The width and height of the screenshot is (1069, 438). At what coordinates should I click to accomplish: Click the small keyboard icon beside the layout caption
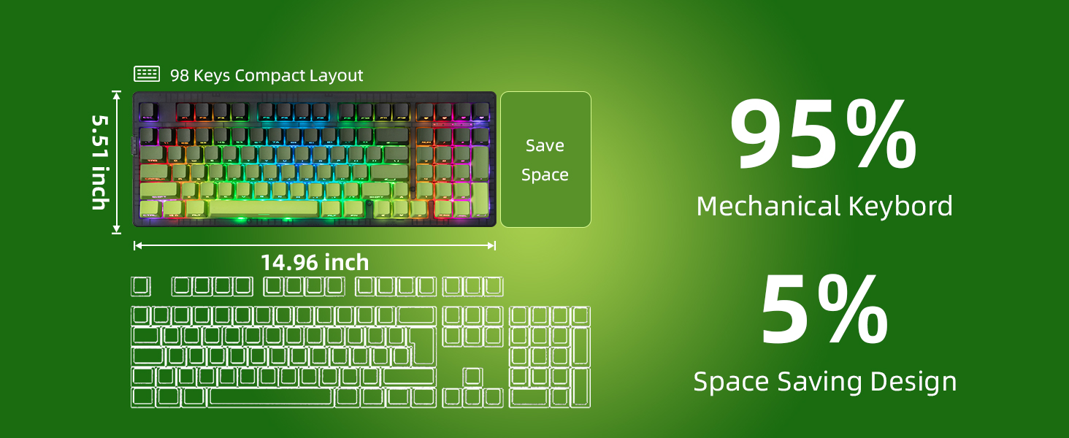pos(147,74)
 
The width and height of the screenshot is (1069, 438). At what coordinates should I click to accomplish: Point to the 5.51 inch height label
pos(100,161)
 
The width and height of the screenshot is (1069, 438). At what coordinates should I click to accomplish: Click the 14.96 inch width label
pos(315,262)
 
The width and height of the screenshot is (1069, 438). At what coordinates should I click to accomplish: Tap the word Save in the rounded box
pos(545,145)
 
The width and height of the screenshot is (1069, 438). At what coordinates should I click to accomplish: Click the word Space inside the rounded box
pos(545,175)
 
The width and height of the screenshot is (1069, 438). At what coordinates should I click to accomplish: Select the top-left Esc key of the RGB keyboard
pos(149,111)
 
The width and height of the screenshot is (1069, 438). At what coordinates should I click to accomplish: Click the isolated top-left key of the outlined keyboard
pos(141,286)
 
